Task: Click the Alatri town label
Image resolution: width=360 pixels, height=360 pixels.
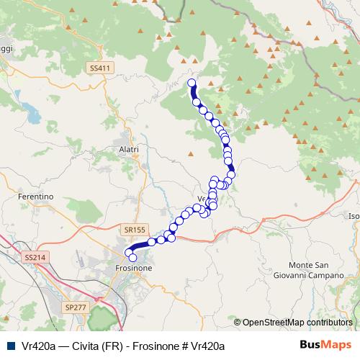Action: pos(126,149)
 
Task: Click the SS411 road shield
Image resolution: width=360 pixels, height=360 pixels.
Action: pos(100,68)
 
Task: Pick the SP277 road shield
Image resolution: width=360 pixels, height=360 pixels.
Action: pos(75,307)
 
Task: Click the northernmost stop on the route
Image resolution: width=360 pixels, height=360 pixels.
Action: pos(192,84)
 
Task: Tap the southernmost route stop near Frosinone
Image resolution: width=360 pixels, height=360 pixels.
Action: pos(132,258)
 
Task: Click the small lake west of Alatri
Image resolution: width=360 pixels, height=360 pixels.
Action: pos(32,112)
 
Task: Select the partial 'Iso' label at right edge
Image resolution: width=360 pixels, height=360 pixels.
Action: pos(354,216)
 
